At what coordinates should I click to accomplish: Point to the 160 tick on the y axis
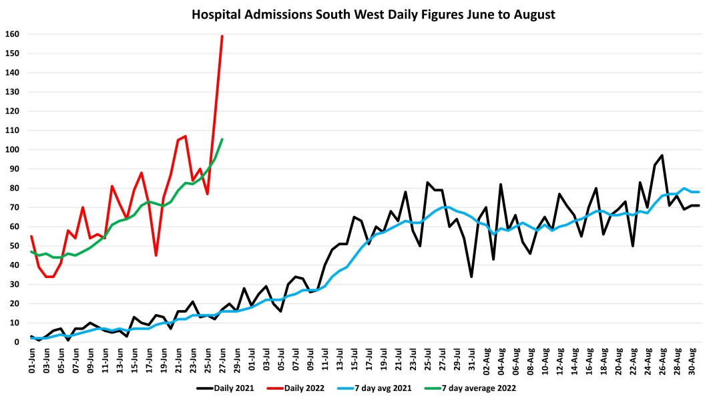point(13,34)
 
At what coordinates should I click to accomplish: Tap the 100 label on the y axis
point(13,150)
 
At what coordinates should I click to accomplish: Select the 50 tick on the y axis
point(15,246)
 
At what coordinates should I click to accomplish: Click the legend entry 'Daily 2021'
point(226,387)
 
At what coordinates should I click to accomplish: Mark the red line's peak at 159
point(222,36)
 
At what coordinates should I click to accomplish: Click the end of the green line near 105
point(222,139)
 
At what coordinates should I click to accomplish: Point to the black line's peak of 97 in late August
point(662,155)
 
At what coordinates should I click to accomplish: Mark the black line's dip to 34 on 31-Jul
point(471,277)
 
